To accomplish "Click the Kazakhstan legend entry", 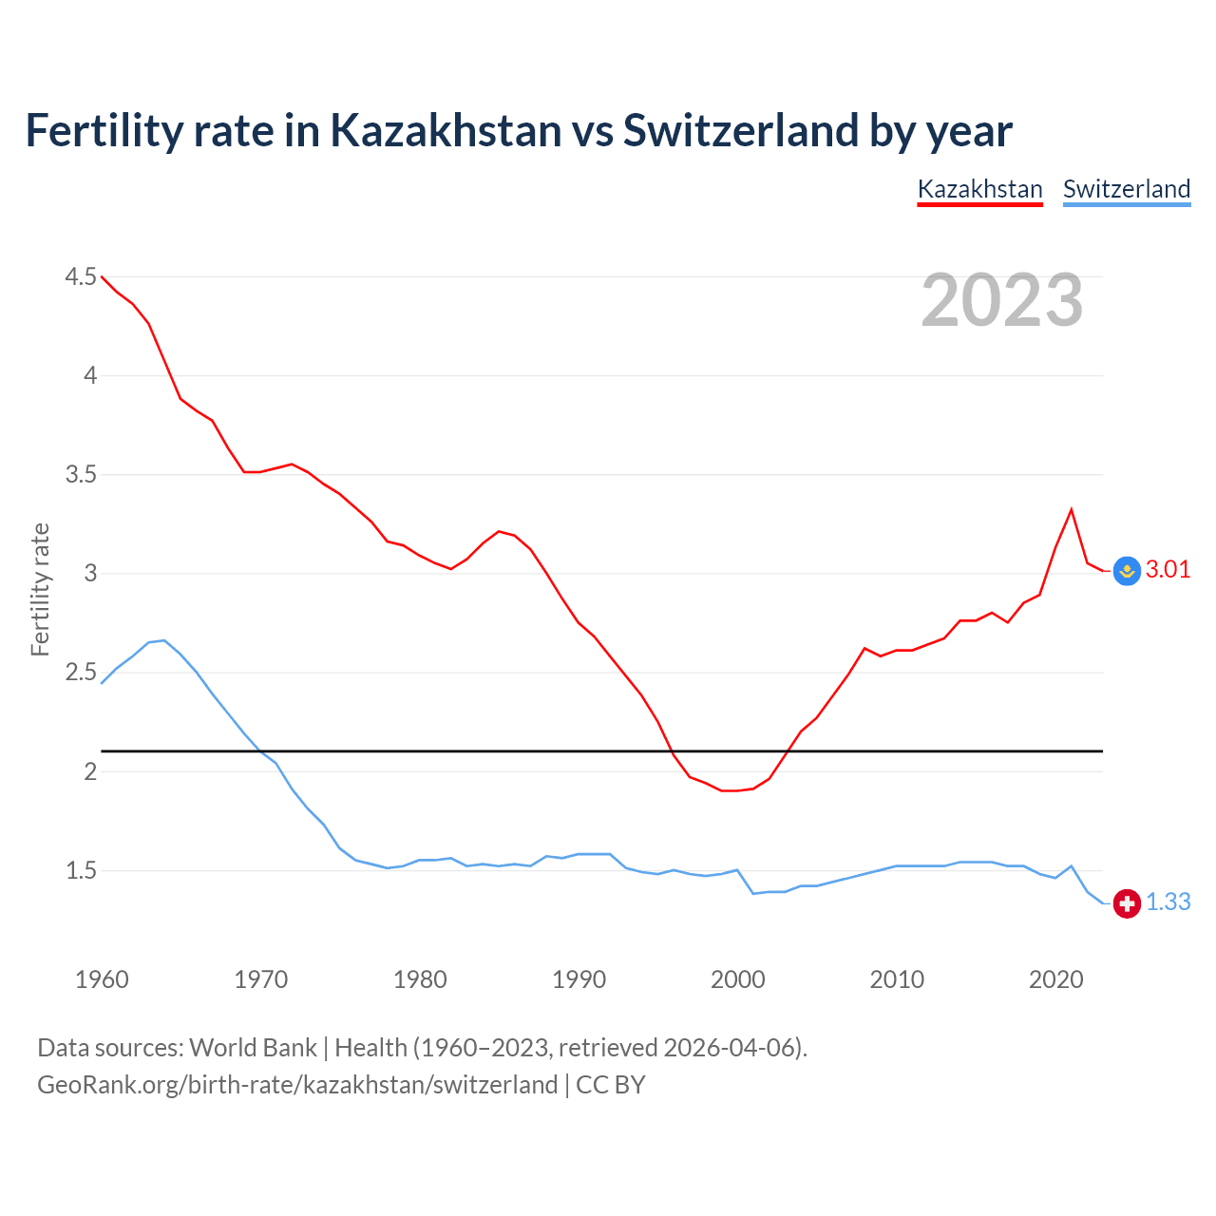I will tap(979, 189).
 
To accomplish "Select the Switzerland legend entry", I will tap(1126, 189).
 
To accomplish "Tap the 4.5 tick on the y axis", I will tap(81, 276).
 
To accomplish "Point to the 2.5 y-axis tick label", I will tap(81, 673).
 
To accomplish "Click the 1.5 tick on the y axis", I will tap(81, 870).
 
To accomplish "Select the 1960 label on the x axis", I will tap(102, 979).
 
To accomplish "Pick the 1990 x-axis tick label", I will tap(579, 979).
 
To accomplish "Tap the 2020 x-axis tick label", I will tap(1055, 979).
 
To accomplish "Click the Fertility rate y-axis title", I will tap(40, 589).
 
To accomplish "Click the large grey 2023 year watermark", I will tap(1001, 300).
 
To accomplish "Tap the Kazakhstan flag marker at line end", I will tap(1127, 570).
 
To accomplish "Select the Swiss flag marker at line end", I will tap(1127, 902).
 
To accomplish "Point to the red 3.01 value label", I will tap(1168, 569).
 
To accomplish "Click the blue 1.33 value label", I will tap(1168, 902).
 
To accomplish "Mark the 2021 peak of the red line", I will tap(1072, 509).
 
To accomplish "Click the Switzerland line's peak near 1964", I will tap(164, 640).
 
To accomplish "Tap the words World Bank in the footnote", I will tap(253, 1047).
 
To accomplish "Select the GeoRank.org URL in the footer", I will tap(297, 1084).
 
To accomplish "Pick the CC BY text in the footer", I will tap(611, 1084).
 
